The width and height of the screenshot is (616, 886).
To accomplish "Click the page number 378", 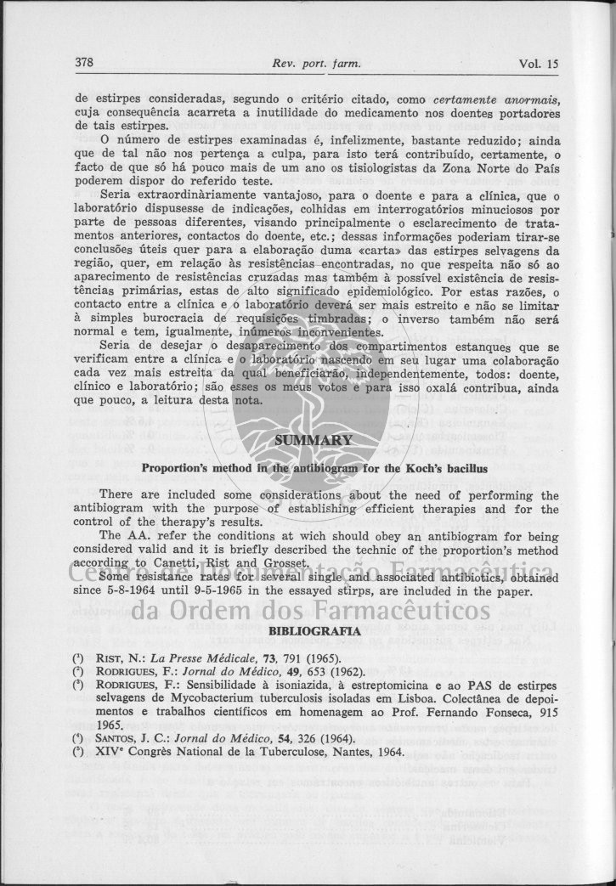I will [83, 63].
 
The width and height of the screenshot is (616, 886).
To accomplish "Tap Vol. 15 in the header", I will [539, 63].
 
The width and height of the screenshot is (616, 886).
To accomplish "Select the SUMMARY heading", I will [314, 440].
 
